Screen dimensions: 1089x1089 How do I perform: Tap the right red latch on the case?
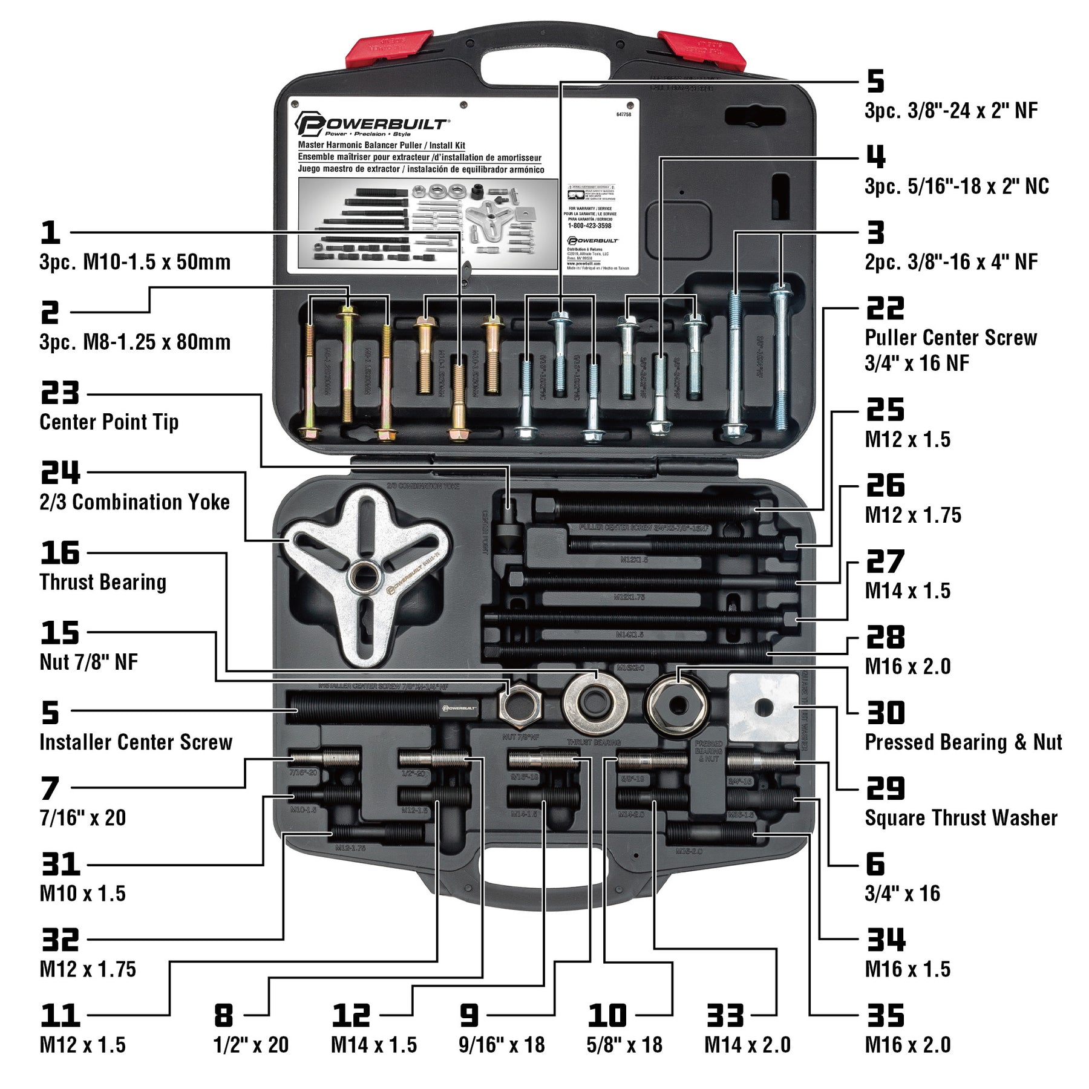[x=702, y=48]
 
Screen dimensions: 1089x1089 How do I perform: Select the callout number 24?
[x=60, y=473]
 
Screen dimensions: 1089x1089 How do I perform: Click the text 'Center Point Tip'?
[x=109, y=422]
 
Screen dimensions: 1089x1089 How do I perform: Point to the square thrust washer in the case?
[x=764, y=707]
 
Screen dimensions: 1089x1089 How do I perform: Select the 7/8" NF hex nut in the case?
[x=519, y=705]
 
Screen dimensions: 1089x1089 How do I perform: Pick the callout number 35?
[x=885, y=1015]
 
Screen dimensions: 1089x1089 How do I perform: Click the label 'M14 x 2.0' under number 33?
[x=747, y=1045]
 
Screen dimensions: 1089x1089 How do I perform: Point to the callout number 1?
[x=51, y=233]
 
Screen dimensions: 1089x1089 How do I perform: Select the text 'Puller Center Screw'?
[x=950, y=338]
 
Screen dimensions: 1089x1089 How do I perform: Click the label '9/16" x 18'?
[x=502, y=1045]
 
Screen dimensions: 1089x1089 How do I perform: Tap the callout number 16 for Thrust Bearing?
[x=60, y=552]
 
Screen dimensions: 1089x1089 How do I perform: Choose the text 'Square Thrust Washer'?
[x=961, y=818]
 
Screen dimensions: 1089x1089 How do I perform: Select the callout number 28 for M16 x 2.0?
[x=885, y=637]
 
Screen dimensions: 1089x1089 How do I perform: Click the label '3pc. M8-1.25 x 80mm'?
[x=135, y=342]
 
